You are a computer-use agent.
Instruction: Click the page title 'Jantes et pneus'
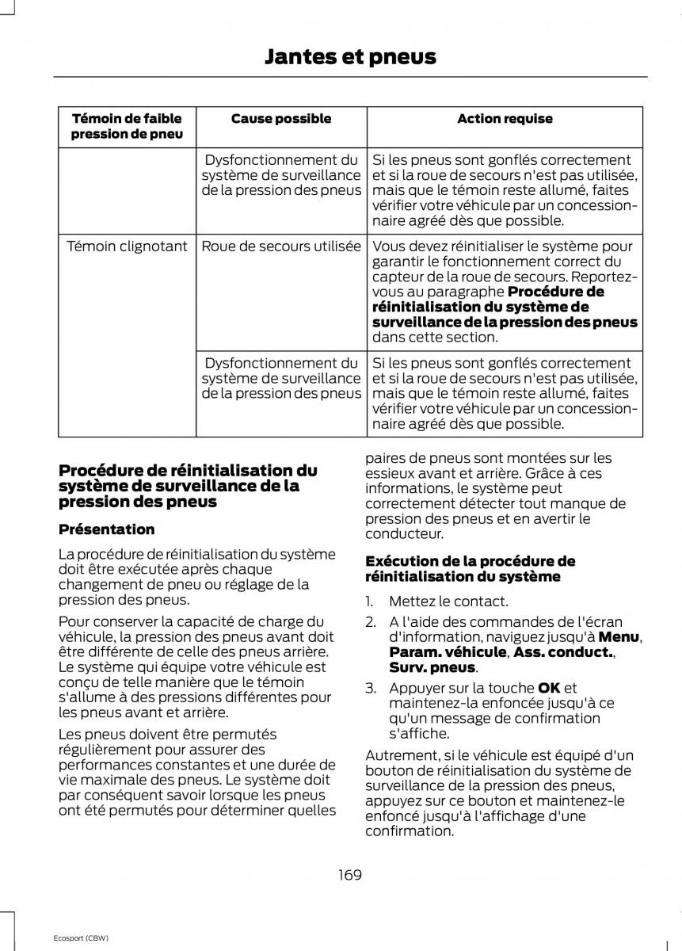pyautogui.click(x=349, y=56)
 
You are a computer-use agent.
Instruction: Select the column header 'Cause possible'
pyautogui.click(x=280, y=119)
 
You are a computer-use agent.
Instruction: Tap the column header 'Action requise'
pyautogui.click(x=505, y=119)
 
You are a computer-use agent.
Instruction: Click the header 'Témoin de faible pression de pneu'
pyautogui.click(x=127, y=126)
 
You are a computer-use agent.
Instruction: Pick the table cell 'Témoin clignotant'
pyautogui.click(x=127, y=246)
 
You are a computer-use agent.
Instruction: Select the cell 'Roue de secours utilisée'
pyautogui.click(x=280, y=246)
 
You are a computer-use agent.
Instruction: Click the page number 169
pyautogui.click(x=349, y=875)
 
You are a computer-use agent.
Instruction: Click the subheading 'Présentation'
pyautogui.click(x=106, y=529)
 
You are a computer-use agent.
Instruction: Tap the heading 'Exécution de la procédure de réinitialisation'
pyautogui.click(x=470, y=569)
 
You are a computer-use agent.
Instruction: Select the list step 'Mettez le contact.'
pyautogui.click(x=448, y=602)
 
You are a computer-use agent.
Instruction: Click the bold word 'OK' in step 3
pyautogui.click(x=548, y=687)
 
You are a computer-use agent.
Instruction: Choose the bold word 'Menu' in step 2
pyautogui.click(x=619, y=636)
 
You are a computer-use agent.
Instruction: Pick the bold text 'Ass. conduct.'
pyautogui.click(x=562, y=652)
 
